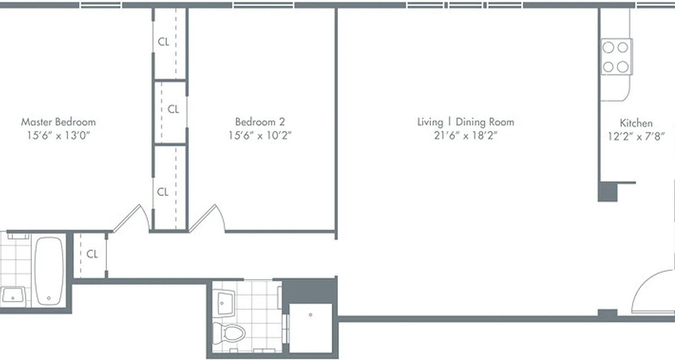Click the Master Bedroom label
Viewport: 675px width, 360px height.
click(x=58, y=122)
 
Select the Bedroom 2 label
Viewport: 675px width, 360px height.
click(x=260, y=122)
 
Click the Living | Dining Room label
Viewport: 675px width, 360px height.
click(x=465, y=122)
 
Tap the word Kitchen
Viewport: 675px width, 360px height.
click(x=636, y=123)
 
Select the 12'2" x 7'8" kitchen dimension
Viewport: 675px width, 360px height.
click(x=636, y=137)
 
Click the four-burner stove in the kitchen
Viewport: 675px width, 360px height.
click(x=616, y=57)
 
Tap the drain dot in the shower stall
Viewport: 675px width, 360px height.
click(x=310, y=315)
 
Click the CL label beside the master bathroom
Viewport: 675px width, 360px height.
click(x=92, y=255)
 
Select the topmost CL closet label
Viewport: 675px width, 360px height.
click(x=163, y=42)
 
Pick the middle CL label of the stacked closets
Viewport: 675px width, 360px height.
click(x=173, y=109)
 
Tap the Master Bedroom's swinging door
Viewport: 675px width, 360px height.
click(x=131, y=219)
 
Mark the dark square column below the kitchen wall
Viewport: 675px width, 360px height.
click(x=607, y=192)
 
